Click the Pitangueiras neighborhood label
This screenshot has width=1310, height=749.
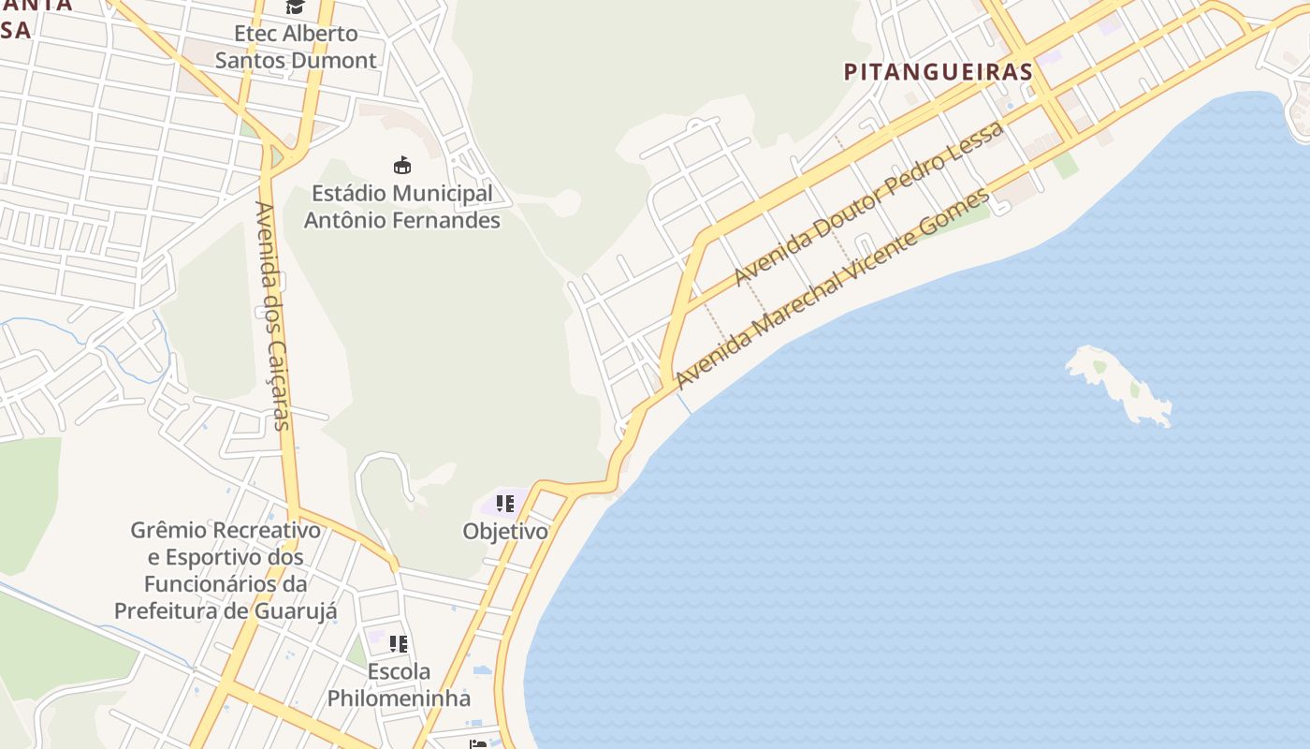coord(939,72)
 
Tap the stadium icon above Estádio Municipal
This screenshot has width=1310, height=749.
coord(402,166)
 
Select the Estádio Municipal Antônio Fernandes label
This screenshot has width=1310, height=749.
coord(401,207)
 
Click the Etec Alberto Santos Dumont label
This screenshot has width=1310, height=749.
coord(296,47)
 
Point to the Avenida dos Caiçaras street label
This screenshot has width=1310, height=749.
coord(273,316)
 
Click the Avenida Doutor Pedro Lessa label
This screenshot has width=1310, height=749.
coord(868,203)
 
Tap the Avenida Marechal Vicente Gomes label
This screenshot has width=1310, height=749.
coord(832,288)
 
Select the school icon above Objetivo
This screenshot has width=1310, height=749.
coord(505,504)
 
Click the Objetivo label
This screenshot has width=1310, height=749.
coord(505,531)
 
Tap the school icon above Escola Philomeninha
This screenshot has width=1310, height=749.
coord(399,644)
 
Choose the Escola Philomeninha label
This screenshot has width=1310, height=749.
coord(399,684)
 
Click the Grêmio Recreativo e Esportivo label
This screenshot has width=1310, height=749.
coord(226,570)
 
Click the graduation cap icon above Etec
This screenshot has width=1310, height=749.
coord(296,7)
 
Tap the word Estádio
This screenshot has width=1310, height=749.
coord(347,194)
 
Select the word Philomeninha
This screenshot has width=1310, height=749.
coord(399,698)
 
